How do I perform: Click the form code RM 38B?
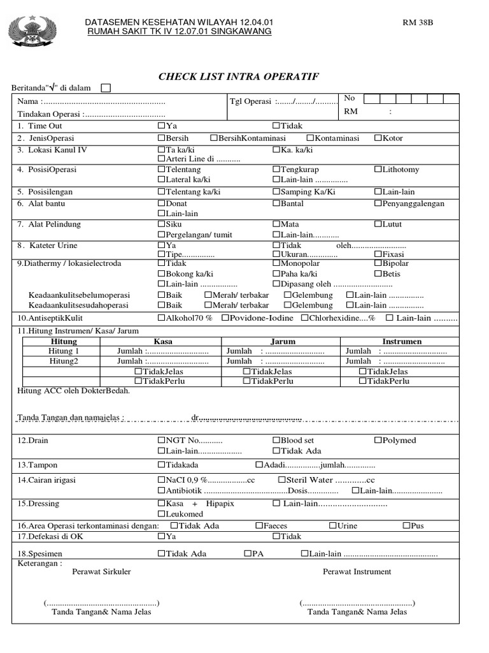click(x=418, y=23)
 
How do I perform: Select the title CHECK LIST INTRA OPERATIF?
click(x=238, y=77)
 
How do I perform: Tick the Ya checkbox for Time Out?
click(x=161, y=126)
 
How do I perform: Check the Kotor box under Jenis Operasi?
click(x=378, y=138)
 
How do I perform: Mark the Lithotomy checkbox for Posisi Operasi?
click(x=378, y=170)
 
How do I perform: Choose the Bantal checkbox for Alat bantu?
click(x=276, y=203)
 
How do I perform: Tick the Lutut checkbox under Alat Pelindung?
click(x=378, y=224)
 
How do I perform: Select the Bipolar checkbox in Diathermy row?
click(x=378, y=263)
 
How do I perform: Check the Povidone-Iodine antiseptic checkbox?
click(x=226, y=318)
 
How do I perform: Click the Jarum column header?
click(x=283, y=342)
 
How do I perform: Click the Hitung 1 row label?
click(x=64, y=351)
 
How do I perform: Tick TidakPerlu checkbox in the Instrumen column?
click(x=362, y=381)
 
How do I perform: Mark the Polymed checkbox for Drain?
click(x=378, y=440)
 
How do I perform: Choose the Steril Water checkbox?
click(x=282, y=480)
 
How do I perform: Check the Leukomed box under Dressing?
click(x=161, y=514)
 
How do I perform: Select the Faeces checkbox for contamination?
click(x=259, y=525)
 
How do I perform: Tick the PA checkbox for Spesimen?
click(x=248, y=554)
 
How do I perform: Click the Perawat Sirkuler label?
click(x=101, y=571)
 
